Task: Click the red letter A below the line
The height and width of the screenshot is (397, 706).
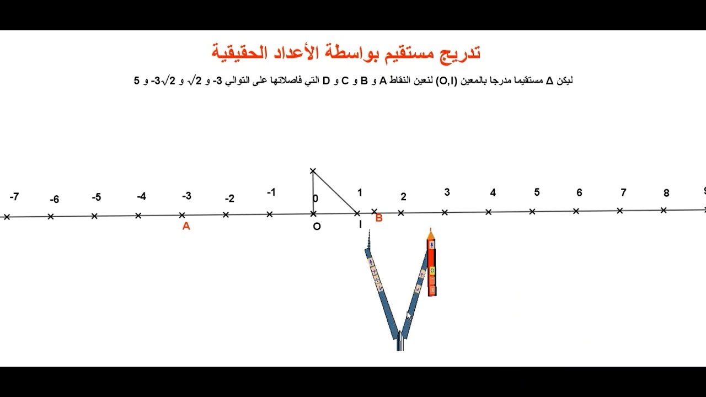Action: [186, 226]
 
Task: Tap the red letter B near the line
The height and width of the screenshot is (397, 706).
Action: [379, 218]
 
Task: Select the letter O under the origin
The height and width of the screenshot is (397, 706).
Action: [317, 226]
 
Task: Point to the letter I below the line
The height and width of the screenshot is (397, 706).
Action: [360, 224]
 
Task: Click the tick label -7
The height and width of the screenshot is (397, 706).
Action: [14, 197]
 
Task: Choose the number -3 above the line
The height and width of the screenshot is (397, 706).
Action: [186, 196]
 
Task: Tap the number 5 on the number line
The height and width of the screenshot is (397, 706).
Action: [537, 192]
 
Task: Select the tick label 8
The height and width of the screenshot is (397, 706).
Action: [666, 193]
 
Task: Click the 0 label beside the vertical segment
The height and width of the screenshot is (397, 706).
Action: [315, 198]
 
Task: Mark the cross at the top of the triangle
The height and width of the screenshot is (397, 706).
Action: [313, 171]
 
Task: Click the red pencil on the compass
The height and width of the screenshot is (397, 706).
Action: [431, 265]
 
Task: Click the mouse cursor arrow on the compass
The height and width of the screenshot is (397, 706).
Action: [409, 315]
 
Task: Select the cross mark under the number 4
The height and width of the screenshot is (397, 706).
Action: [489, 212]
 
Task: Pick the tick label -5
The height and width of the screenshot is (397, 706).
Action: [97, 197]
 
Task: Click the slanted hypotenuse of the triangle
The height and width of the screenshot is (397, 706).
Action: [335, 192]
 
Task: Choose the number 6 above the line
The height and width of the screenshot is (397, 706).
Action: [579, 192]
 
